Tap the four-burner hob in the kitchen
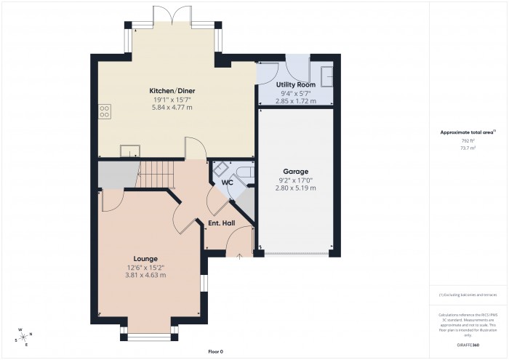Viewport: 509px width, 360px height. pos(105,112)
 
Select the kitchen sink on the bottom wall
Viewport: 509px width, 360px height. pos(131,151)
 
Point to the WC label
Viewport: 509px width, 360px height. pos(227,183)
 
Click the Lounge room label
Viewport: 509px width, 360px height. pos(145,259)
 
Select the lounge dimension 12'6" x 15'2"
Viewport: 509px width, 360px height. pos(145,267)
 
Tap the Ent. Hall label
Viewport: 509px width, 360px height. pos(221,223)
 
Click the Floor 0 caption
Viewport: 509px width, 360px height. pos(215,351)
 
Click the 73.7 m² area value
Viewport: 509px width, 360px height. pos(468,148)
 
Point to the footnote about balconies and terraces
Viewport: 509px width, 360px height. pos(468,295)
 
